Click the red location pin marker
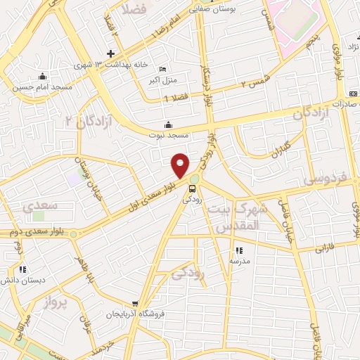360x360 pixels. pyautogui.click(x=181, y=165)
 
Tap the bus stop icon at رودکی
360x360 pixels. pyautogui.click(x=191, y=188)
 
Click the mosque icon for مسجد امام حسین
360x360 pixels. pyautogui.click(x=42, y=77)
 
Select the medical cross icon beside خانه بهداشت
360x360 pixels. pyautogui.click(x=110, y=53)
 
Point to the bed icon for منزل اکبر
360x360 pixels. pyautogui.click(x=163, y=70)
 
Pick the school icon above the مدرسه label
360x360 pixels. pyautogui.click(x=238, y=250)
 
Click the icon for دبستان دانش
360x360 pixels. pyautogui.click(x=23, y=269)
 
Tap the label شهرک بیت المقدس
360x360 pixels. pyautogui.click(x=250, y=217)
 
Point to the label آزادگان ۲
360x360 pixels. pyautogui.click(x=89, y=121)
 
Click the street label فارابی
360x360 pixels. pyautogui.click(x=328, y=247)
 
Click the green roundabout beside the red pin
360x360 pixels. pyautogui.click(x=194, y=179)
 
